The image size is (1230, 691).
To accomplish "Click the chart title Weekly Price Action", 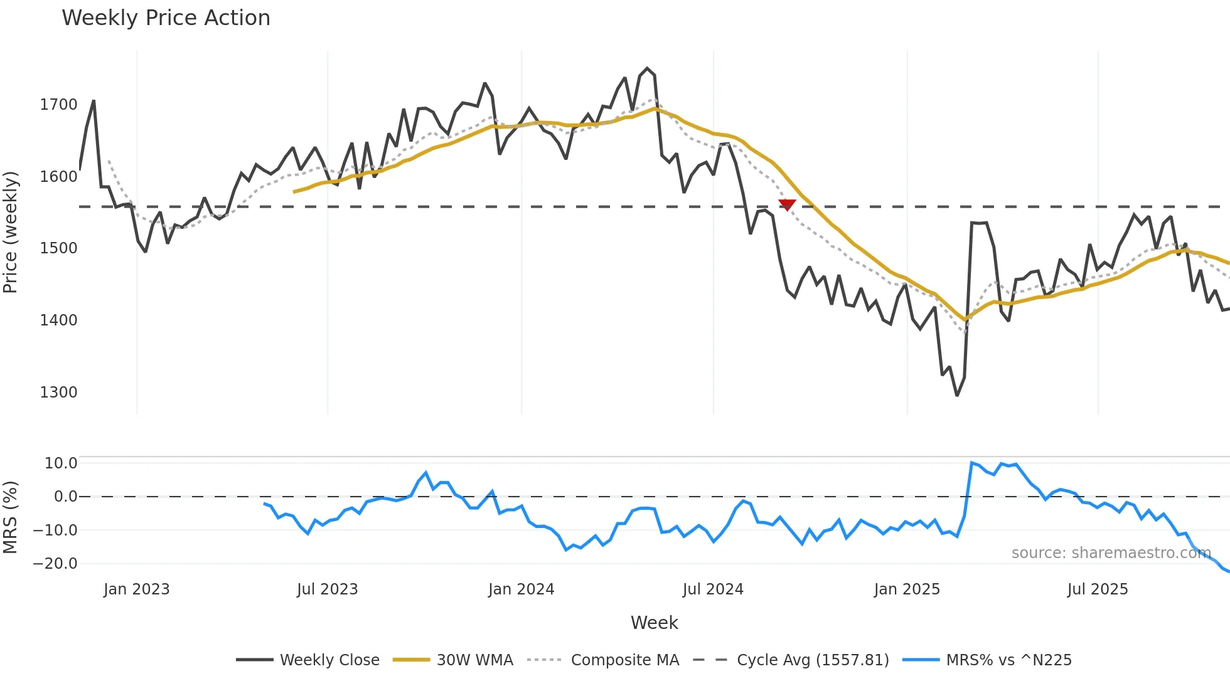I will [x=166, y=18].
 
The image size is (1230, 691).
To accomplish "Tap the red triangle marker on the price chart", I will [x=787, y=204].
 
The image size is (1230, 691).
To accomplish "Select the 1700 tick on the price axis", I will [x=58, y=105].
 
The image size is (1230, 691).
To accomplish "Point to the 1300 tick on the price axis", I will [x=58, y=393].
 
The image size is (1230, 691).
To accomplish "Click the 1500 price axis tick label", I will [x=58, y=248].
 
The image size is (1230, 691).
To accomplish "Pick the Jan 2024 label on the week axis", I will [x=521, y=589].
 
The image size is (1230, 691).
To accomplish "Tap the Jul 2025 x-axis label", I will [x=1098, y=589].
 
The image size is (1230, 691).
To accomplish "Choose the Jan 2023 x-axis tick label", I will [x=136, y=589].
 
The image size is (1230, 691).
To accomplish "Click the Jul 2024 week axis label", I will [x=713, y=589].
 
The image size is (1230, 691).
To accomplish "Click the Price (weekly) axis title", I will [x=11, y=232].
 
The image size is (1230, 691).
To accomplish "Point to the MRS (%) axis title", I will [x=11, y=517].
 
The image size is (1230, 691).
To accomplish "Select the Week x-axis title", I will [x=654, y=623].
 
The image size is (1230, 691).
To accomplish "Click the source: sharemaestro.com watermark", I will [x=1111, y=553].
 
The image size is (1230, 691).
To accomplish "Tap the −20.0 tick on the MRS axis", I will [x=55, y=564].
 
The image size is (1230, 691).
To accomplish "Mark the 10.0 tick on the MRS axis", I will [x=61, y=463].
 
